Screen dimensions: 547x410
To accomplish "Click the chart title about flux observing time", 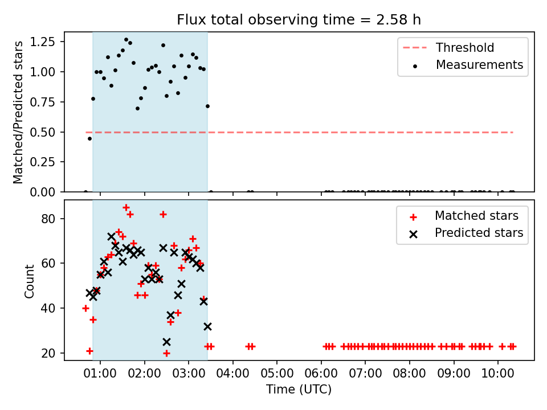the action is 299,20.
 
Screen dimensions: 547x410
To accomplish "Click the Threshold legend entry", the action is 448,47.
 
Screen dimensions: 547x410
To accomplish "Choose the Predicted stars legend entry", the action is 466,233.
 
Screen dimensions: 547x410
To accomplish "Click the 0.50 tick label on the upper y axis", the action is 43,132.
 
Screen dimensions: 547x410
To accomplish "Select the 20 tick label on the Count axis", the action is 48,353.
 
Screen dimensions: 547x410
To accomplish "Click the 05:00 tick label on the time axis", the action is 277,373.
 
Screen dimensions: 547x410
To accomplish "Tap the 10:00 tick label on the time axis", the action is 498,373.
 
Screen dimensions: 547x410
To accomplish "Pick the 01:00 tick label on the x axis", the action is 100,373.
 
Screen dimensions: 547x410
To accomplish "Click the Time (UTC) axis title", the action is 299,389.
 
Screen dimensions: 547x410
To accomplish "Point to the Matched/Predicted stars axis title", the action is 18,112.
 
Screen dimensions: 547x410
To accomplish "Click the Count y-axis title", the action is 29,281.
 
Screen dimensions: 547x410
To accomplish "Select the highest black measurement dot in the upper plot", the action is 126,40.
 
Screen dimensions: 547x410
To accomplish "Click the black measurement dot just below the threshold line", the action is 89,139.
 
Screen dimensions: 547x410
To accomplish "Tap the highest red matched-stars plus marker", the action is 126,208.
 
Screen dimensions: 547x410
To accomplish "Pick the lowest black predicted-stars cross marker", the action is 167,342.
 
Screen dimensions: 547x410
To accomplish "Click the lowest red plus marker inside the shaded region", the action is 167,354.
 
